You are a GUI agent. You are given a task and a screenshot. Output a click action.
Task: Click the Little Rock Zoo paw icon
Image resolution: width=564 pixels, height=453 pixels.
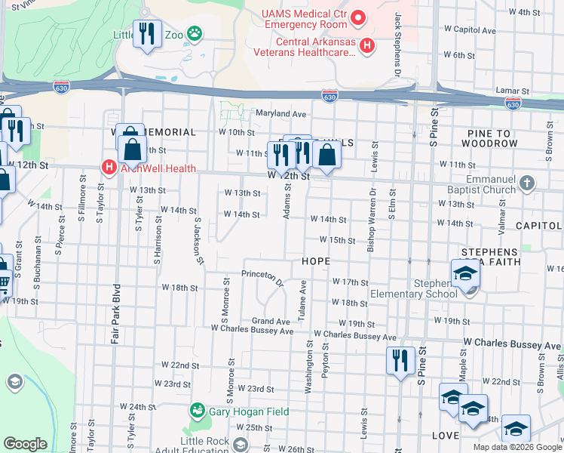(x=195, y=32)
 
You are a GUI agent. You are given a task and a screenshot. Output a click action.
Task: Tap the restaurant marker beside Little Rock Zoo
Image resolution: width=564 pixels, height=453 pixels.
(x=147, y=34)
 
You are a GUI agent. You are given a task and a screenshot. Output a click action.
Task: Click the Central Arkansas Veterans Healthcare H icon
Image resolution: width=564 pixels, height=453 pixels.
(x=367, y=46)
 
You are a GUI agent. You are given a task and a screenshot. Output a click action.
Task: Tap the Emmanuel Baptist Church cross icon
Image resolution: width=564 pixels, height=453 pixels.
(x=527, y=183)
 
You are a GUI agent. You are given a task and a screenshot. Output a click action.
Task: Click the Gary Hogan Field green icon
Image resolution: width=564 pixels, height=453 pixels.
(x=198, y=410)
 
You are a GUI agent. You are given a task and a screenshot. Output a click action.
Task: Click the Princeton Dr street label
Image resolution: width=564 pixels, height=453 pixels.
(x=262, y=277)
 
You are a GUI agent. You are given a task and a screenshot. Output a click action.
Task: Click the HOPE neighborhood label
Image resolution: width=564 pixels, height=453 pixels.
(x=317, y=260)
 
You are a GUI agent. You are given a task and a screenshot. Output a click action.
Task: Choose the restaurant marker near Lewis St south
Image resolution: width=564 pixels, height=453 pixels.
(x=399, y=361)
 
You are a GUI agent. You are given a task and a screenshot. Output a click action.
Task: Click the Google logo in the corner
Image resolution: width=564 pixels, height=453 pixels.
(x=25, y=444)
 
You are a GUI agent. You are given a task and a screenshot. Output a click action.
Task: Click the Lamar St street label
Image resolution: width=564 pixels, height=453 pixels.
(x=510, y=90)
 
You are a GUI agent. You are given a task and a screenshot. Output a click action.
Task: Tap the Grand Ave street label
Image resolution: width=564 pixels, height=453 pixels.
(x=271, y=321)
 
